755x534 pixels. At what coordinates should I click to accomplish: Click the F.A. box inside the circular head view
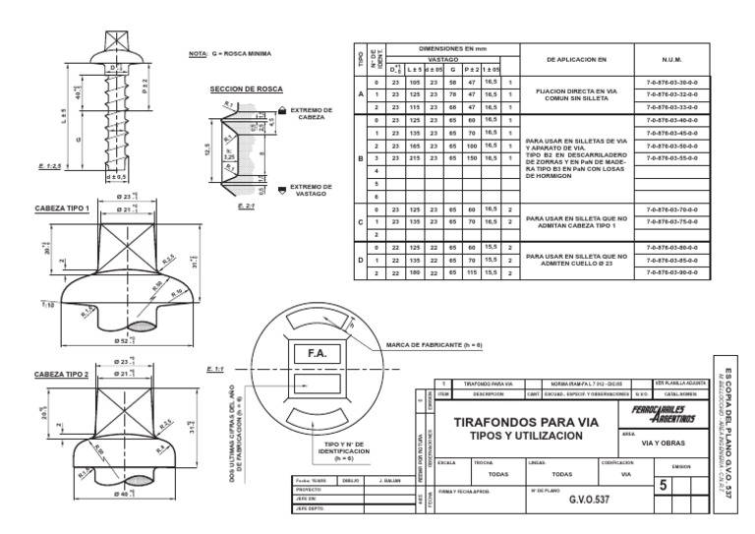pos(317,351)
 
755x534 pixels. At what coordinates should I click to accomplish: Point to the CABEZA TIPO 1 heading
pos(62,208)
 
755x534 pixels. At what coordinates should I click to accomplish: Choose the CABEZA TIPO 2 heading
pos(62,375)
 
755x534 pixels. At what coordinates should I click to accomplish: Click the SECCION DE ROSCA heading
pos(244,89)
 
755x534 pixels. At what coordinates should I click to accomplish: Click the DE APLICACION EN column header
pos(581,59)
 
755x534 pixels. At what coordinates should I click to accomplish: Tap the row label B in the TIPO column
pos(360,157)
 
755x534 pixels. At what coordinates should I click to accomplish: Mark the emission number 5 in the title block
pos(663,484)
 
